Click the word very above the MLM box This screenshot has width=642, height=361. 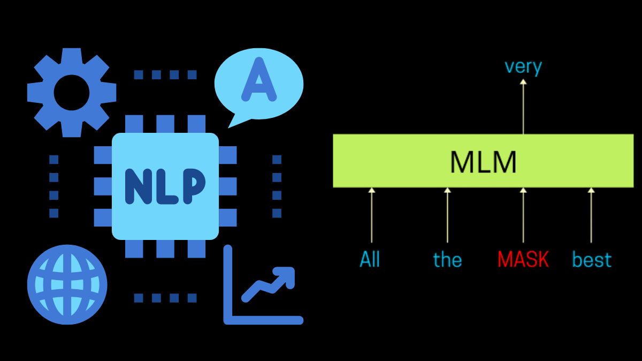[523, 67]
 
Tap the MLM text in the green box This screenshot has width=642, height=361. [483, 162]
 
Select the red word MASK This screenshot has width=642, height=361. [523, 260]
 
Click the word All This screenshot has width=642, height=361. [370, 260]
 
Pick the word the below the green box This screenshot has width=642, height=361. [447, 260]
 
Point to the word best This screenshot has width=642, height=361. [591, 260]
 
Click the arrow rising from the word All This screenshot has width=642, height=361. [372, 215]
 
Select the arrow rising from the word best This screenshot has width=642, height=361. [591, 215]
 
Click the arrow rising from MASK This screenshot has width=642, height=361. [523, 215]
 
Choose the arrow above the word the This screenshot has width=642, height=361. [448, 215]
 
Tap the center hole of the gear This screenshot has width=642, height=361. [72, 93]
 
